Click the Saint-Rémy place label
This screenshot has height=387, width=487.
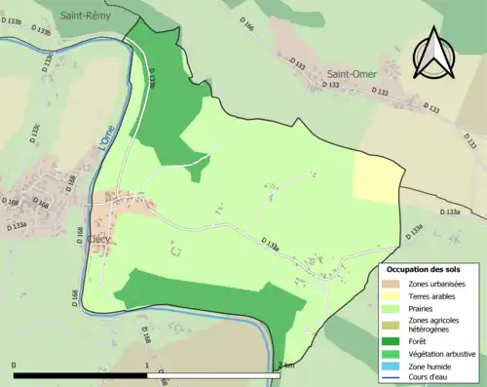86,17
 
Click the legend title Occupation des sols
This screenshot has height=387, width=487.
431,269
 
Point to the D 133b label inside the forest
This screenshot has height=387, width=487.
156,78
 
